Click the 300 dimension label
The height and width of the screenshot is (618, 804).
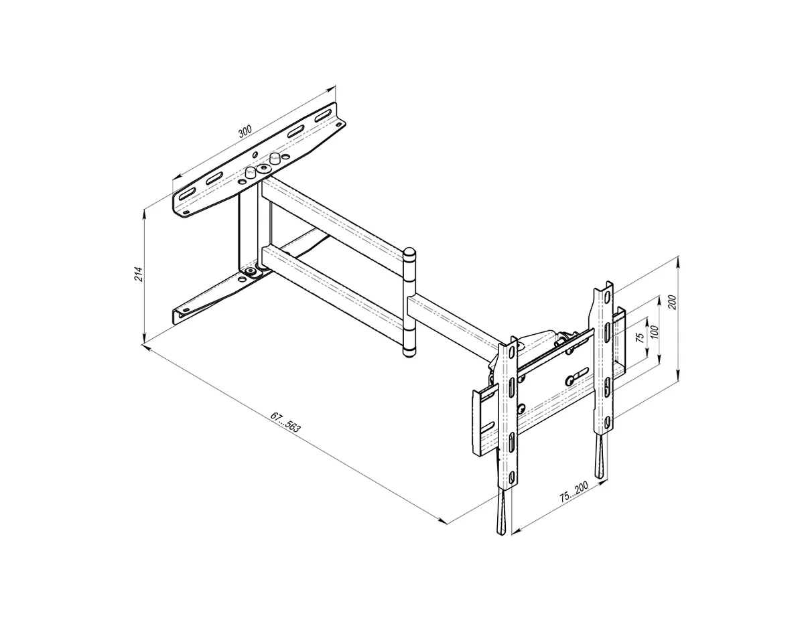point(245,132)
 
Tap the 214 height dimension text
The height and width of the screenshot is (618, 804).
point(138,274)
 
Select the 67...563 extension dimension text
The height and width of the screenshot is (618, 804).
point(285,422)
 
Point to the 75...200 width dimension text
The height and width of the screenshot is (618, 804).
point(574,492)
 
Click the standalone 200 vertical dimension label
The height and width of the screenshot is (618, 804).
point(673,302)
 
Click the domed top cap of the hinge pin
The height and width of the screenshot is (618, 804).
point(409,253)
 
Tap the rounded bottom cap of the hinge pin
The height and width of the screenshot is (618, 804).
point(409,353)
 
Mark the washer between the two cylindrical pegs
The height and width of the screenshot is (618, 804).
point(263,169)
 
